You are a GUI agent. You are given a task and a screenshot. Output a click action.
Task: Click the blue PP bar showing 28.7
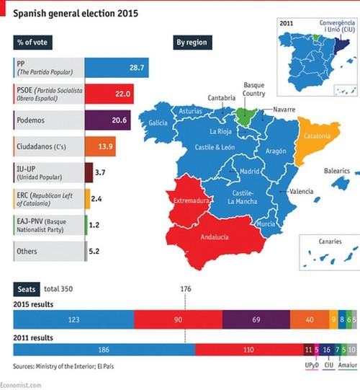pyautogui.click(x=117, y=67)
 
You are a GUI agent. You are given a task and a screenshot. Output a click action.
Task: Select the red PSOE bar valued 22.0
pyautogui.click(x=111, y=93)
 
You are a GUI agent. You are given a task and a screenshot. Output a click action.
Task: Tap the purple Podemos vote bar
pyautogui.click(x=108, y=119)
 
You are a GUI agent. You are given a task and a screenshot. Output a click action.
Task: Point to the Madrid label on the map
pyautogui.click(x=249, y=172)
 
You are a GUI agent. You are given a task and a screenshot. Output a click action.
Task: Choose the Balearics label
pyautogui.click(x=336, y=170)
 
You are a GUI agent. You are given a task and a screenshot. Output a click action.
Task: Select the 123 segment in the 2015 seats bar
pyautogui.click(x=73, y=319)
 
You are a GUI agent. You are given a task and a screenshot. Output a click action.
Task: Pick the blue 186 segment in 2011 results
pyautogui.click(x=104, y=350)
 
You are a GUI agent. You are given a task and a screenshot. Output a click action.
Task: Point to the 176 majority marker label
pyautogui.click(x=186, y=289)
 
